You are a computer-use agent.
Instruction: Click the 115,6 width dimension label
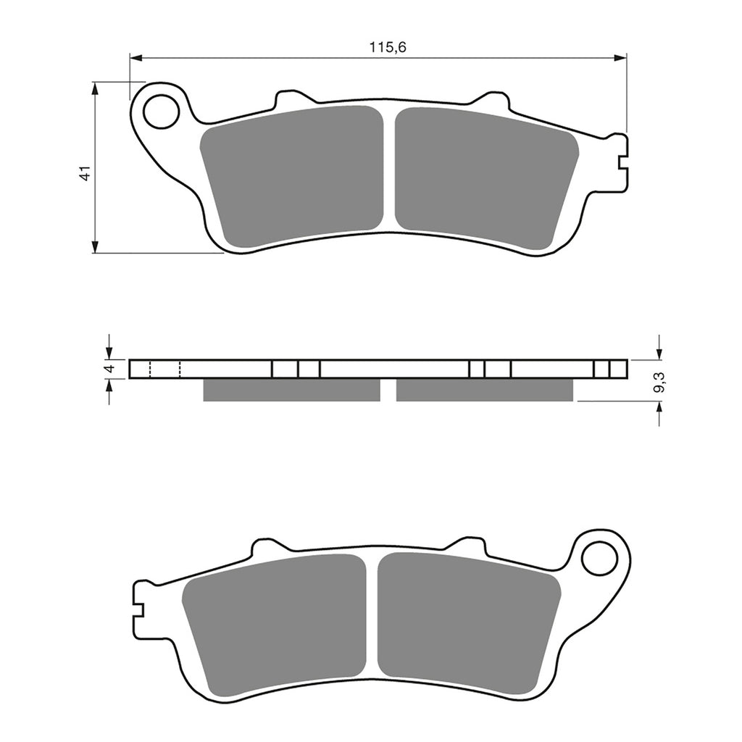pyautogui.click(x=388, y=48)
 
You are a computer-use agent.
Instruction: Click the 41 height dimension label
pyautogui.click(x=85, y=173)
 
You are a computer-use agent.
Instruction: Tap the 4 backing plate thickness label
pyautogui.click(x=109, y=369)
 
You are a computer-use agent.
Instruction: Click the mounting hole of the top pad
pyautogui.click(x=161, y=112)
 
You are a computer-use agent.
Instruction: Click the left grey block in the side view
pyautogui.click(x=291, y=391)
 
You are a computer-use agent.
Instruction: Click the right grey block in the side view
pyautogui.click(x=484, y=391)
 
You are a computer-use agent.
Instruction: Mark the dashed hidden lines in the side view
pyautogui.click(x=164, y=370)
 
